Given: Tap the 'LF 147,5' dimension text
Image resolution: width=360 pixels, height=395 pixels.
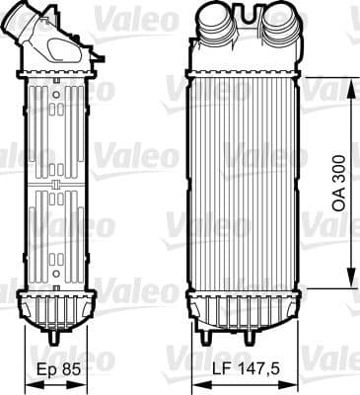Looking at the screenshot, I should pos(241,372).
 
